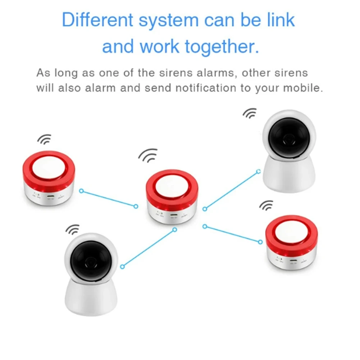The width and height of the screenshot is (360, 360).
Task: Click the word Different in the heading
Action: click(x=97, y=20)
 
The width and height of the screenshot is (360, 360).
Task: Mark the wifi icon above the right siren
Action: click(x=266, y=206)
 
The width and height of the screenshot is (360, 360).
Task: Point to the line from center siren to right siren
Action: click(x=232, y=234)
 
